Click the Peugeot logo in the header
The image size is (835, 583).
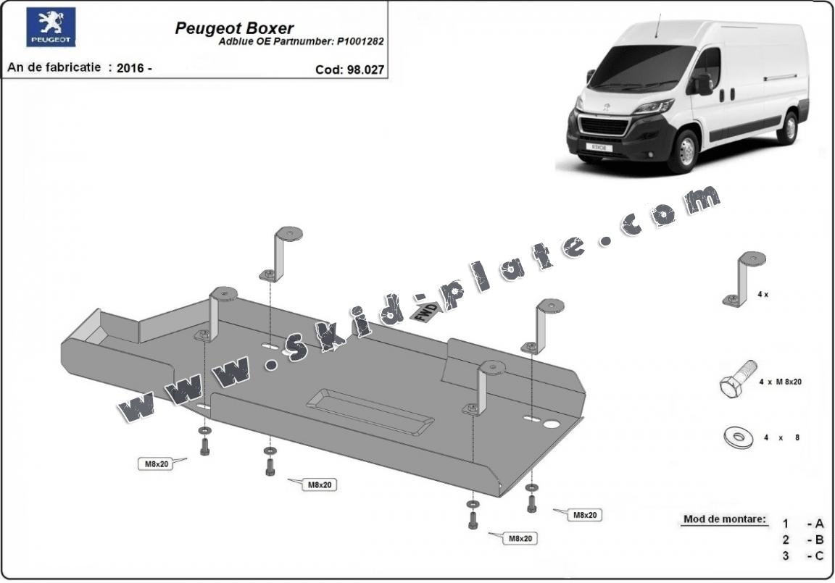click(51, 27)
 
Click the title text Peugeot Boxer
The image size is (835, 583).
click(234, 28)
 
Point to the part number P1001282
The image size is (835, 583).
click(360, 42)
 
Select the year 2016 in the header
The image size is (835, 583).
click(130, 68)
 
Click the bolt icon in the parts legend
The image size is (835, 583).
click(738, 379)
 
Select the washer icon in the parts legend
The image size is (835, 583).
click(738, 437)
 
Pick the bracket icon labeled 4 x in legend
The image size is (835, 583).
click(744, 279)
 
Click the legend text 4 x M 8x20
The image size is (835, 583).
click(779, 382)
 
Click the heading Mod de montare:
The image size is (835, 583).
click(724, 519)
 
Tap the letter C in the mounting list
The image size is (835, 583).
click(819, 556)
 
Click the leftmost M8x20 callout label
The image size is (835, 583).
click(155, 464)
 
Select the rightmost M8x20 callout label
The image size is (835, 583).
click(584, 515)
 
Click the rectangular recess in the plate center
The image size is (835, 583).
click(370, 410)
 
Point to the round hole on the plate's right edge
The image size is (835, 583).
click(552, 424)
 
